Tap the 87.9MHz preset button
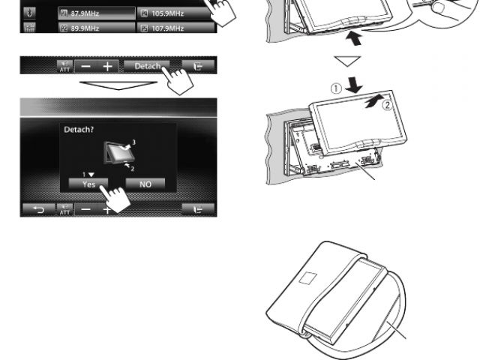[97, 13]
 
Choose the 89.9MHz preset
[97, 28]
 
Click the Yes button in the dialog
[88, 184]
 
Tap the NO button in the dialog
[145, 184]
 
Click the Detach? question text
[79, 130]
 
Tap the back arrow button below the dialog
[39, 209]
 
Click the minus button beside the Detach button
[86, 67]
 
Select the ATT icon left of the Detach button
[65, 66]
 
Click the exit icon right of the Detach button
[198, 66]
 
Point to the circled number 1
[336, 88]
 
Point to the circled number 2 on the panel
[387, 105]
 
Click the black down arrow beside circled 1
[354, 85]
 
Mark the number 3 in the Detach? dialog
[133, 142]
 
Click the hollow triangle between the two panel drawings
[347, 61]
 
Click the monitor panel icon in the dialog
[118, 153]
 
